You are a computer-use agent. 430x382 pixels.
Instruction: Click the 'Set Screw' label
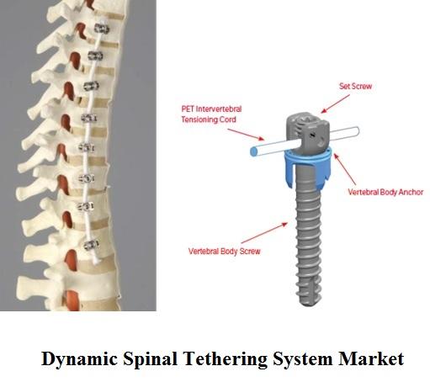coord(355,86)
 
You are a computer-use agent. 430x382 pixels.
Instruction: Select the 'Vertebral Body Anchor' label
coord(385,192)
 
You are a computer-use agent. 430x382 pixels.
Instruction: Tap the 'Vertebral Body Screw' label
coord(224,251)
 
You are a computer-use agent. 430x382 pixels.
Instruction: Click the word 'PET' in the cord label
coord(188,109)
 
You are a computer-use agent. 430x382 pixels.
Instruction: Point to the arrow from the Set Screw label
coord(335,103)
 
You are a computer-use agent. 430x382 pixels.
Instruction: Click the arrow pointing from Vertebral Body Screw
coord(264,233)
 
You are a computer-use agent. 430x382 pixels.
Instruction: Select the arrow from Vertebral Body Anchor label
coord(344,169)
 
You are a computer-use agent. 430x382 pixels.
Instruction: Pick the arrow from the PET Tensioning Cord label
coord(246,135)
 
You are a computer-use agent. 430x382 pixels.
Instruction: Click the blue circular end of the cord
coord(253,151)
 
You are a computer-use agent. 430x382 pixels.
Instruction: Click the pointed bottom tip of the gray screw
coord(305,305)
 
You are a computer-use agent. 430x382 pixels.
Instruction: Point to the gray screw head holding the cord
coord(307,132)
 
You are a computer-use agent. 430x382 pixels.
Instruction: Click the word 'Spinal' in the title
coord(150,359)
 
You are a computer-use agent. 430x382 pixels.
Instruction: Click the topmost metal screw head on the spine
coord(101,29)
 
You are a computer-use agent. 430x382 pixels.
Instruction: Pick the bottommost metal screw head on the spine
coord(92,245)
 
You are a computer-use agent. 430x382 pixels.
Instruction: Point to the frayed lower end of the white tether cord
coord(97,261)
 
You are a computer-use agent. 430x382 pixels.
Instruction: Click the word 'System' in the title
coord(303,359)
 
